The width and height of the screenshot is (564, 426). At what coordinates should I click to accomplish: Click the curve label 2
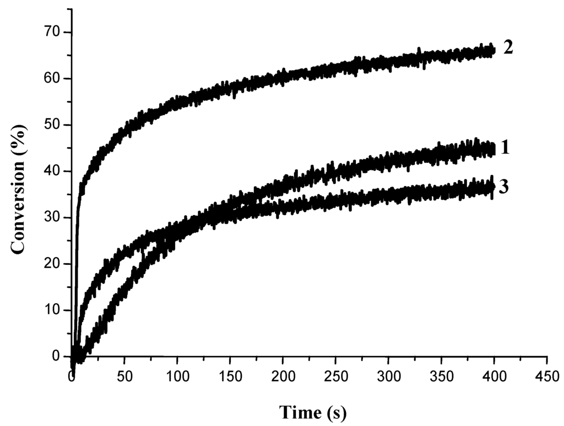pos(508,47)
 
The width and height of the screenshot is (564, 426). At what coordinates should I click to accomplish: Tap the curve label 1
pos(505,148)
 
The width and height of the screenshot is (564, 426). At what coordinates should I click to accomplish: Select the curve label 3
pos(503,187)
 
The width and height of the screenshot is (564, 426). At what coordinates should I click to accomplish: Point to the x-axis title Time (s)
pos(313,412)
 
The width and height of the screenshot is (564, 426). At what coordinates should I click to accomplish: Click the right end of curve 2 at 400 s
pos(493,51)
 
